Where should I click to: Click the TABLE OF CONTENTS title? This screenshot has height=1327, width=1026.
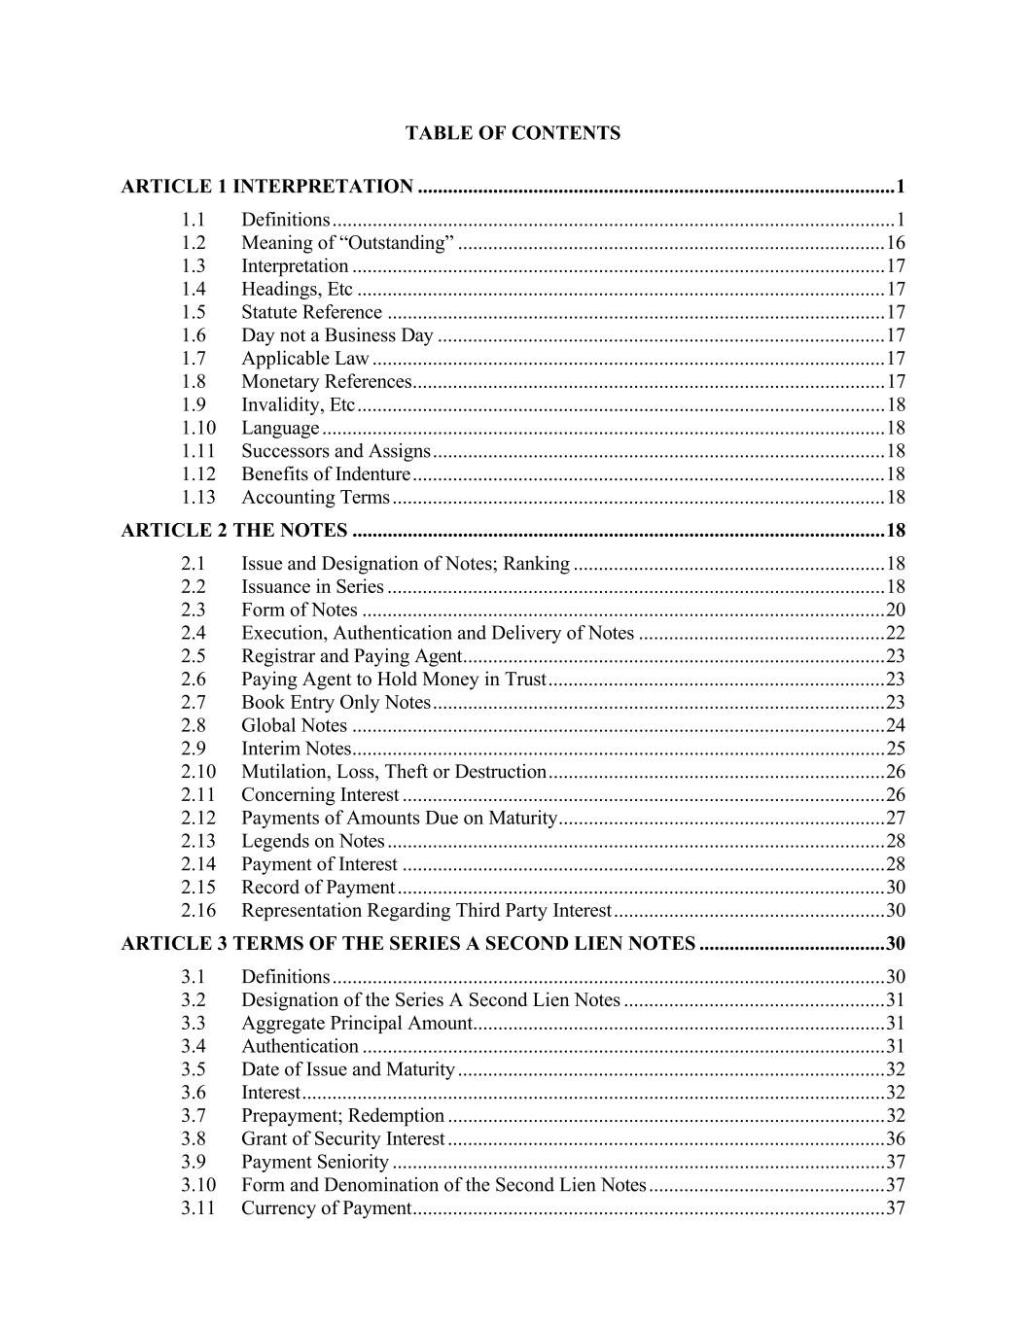(x=513, y=133)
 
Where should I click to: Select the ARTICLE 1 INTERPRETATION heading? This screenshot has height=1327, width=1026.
(x=267, y=187)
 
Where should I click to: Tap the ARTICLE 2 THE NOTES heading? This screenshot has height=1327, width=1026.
(x=234, y=531)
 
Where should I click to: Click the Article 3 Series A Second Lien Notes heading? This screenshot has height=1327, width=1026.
(x=408, y=944)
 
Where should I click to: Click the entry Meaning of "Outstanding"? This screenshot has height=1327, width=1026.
(x=347, y=243)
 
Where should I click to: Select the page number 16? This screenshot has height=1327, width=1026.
(x=895, y=243)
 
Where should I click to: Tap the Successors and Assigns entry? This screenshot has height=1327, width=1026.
(x=336, y=451)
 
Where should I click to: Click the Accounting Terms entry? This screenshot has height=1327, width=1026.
(x=315, y=498)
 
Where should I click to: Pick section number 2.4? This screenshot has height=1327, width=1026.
(x=193, y=634)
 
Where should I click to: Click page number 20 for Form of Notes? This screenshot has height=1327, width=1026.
(x=895, y=611)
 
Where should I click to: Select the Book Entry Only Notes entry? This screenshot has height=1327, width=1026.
(x=336, y=703)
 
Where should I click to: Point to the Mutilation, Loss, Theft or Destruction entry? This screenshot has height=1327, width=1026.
(x=394, y=772)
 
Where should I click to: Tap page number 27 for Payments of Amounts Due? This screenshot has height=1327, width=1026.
(x=895, y=819)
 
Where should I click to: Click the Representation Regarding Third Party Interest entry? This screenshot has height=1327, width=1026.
(x=426, y=911)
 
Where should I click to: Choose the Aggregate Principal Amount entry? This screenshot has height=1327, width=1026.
(x=356, y=1024)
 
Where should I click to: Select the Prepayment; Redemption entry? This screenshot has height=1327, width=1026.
(x=342, y=1116)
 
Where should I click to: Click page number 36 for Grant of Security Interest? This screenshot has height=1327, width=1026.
(x=895, y=1139)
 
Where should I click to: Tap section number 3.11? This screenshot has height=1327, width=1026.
(x=197, y=1208)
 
